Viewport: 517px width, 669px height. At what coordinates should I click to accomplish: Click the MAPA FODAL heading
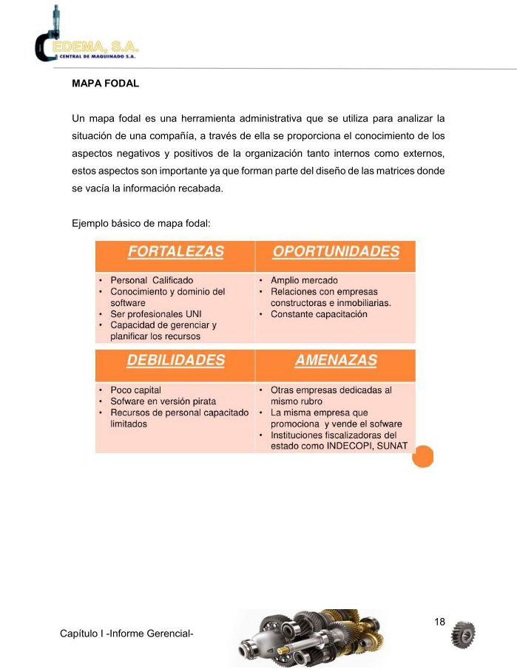tap(105, 84)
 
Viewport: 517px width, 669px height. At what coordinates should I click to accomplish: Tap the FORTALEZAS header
tap(175, 251)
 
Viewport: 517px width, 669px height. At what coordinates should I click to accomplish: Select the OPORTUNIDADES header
tap(335, 251)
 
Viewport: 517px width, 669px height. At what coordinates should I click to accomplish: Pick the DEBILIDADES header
tap(175, 361)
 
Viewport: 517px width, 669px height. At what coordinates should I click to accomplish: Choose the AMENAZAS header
tap(335, 361)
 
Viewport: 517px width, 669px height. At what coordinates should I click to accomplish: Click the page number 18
tap(439, 622)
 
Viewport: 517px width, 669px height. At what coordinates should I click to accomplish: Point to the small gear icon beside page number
tap(463, 634)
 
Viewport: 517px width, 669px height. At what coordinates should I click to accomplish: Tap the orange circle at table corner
tap(422, 458)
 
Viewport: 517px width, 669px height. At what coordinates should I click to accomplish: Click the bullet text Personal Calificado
tap(152, 281)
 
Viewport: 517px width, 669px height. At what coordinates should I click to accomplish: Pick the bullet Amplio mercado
tap(304, 281)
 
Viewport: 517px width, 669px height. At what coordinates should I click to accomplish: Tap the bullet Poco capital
tap(135, 390)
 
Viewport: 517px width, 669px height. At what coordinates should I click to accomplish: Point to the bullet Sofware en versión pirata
tap(163, 401)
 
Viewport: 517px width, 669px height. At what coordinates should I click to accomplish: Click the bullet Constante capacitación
tap(319, 314)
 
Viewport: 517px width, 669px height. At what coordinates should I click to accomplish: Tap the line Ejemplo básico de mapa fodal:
tap(141, 223)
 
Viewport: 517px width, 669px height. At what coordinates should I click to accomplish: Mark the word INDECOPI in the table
tap(351, 446)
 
